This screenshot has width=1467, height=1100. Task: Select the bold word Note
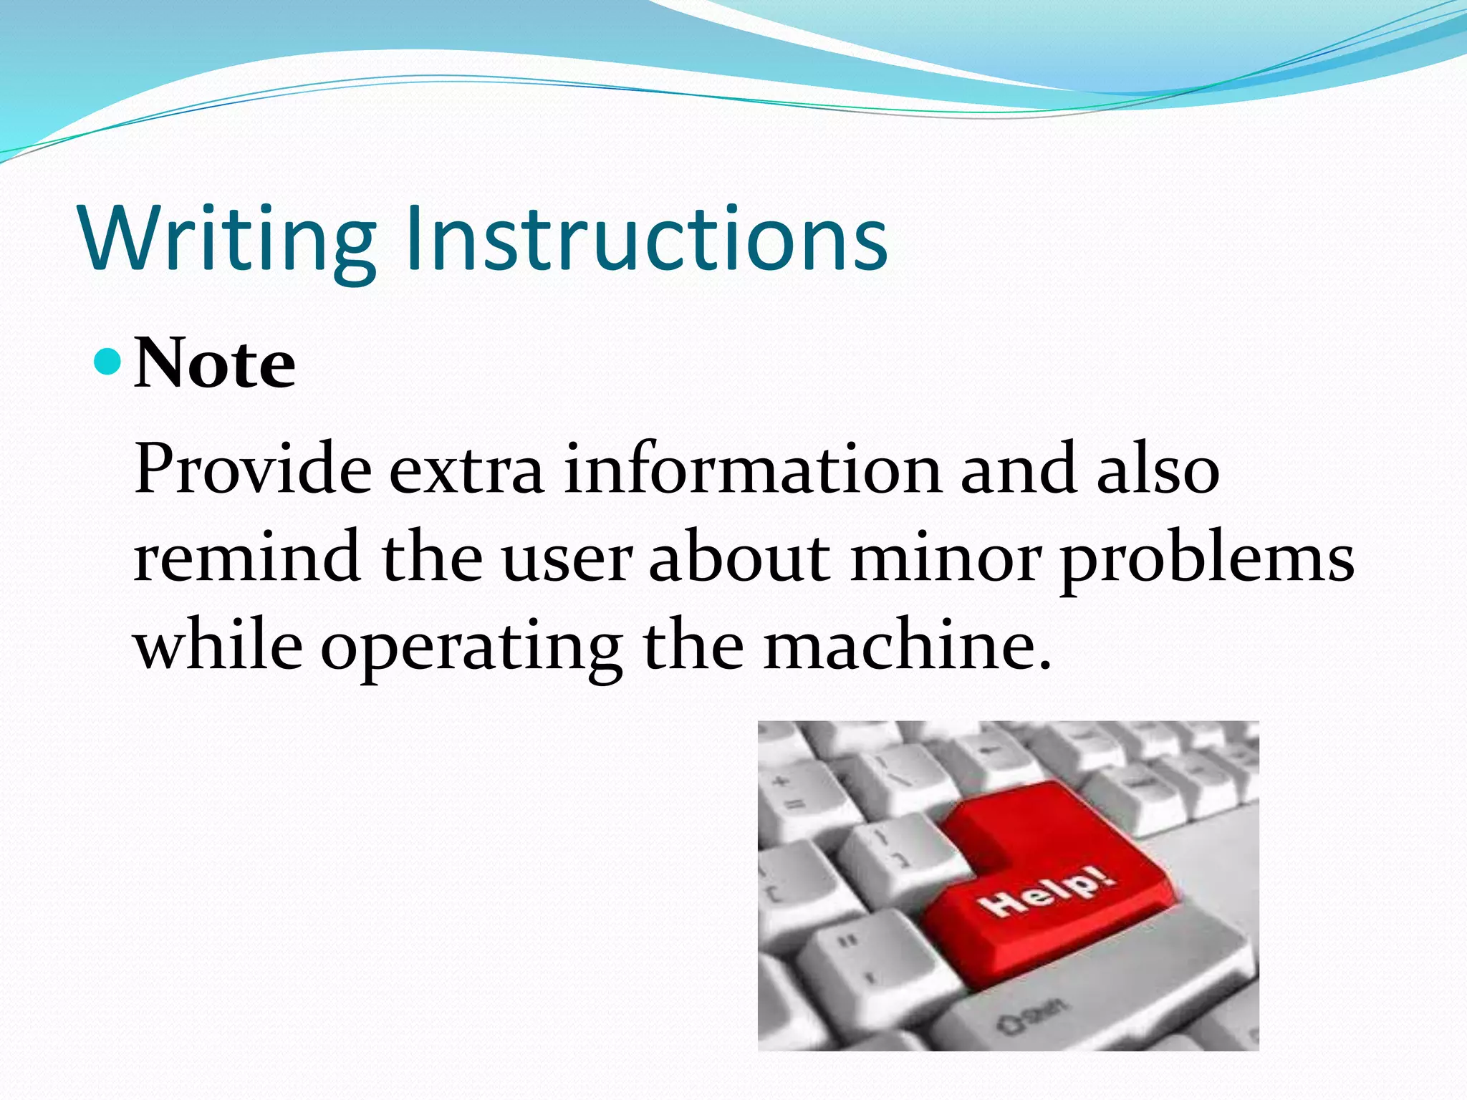[214, 365]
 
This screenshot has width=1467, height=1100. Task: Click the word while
[218, 645]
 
